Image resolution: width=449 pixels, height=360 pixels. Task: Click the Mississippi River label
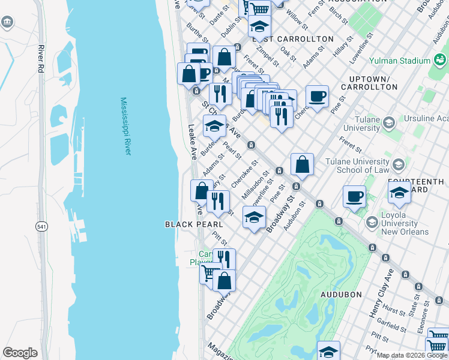pos(125,127)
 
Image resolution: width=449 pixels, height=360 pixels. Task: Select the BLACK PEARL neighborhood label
pos(185,224)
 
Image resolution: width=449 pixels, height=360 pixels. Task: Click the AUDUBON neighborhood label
pos(340,295)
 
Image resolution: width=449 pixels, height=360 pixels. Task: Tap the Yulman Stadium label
pos(399,61)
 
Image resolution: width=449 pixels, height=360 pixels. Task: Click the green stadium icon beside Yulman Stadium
pos(440,60)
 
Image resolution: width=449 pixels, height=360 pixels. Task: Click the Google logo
pos(20,353)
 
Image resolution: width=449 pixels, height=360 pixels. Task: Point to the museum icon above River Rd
pos(7,23)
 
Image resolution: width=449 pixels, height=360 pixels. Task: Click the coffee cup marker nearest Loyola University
pos(354,196)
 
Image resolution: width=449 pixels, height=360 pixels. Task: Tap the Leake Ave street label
pos(192,142)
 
